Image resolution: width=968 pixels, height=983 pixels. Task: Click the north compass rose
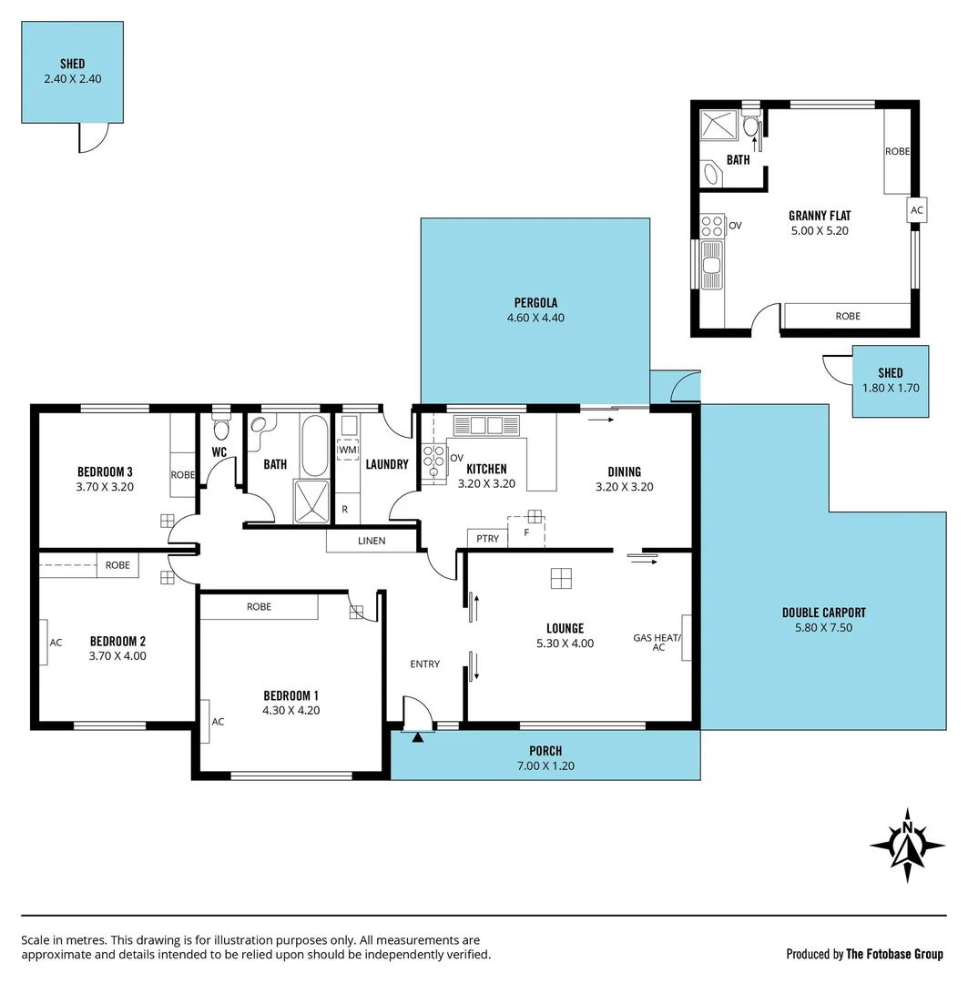click(907, 845)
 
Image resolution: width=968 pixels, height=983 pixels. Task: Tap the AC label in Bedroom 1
click(218, 722)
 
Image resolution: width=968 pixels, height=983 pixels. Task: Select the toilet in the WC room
click(219, 428)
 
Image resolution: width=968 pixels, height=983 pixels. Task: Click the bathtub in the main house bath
click(314, 445)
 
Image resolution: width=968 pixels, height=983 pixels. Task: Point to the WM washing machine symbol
click(348, 450)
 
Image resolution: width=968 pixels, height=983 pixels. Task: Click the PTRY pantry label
click(488, 539)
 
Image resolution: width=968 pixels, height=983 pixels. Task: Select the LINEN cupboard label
click(372, 541)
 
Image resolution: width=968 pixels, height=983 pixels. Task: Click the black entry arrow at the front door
click(418, 737)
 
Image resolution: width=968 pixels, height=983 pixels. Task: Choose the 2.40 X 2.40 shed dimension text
click(72, 79)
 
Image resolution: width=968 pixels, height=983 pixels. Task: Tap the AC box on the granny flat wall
click(917, 210)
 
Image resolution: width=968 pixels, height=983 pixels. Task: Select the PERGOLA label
click(535, 303)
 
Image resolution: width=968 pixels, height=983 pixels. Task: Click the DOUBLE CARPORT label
click(823, 613)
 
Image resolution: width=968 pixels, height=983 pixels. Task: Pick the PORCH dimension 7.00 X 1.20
click(545, 766)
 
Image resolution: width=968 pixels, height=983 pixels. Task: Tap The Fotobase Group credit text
click(895, 954)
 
